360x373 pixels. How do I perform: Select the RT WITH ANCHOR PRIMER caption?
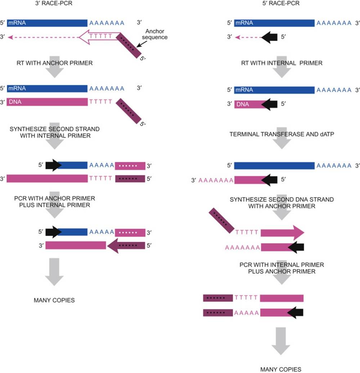(x=54, y=63)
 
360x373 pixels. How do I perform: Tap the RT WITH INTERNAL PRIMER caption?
(x=281, y=63)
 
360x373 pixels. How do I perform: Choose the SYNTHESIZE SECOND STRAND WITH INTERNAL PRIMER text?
(x=55, y=132)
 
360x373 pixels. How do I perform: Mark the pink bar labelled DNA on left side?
(x=47, y=102)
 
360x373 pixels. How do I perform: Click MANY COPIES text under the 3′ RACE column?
(x=54, y=300)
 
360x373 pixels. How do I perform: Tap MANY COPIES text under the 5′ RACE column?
(x=281, y=369)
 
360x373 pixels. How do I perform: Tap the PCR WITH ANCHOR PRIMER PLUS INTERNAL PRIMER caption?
(x=54, y=202)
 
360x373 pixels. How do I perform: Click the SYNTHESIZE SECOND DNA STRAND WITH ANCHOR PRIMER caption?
(x=282, y=203)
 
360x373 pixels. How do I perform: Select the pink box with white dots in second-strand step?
(x=130, y=165)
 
